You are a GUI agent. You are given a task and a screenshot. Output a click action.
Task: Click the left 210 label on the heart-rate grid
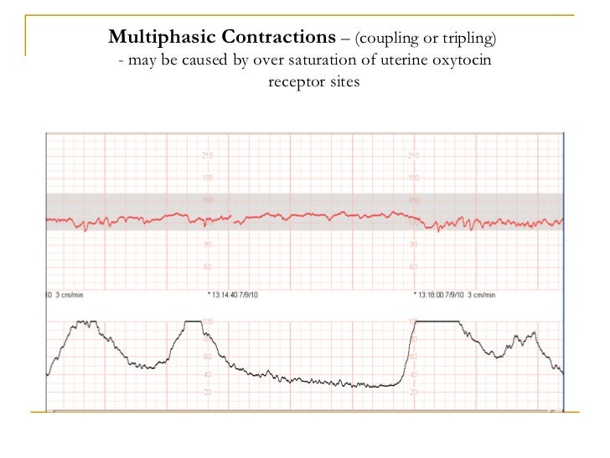pos(207,156)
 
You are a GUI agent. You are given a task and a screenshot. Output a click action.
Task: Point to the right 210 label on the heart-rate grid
pos(412,156)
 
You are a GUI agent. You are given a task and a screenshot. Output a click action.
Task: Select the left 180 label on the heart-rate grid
pos(207,178)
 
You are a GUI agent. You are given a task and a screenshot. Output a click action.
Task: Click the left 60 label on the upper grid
pos(207,267)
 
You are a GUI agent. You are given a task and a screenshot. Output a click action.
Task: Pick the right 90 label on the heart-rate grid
pos(412,245)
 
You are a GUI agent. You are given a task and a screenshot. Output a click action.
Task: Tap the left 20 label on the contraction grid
pos(207,393)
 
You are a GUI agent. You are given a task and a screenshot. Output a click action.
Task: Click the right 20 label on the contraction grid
pos(412,393)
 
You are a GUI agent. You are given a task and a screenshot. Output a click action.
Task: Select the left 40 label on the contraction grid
pos(207,375)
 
